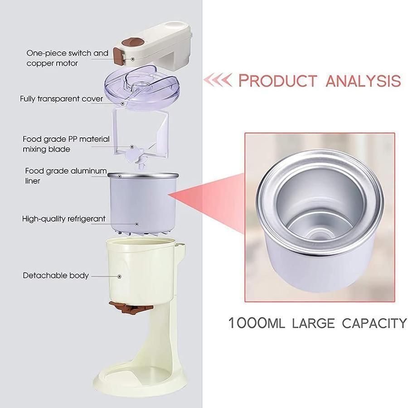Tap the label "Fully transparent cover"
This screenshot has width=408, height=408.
click(x=61, y=99)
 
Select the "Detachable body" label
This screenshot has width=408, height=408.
click(x=56, y=275)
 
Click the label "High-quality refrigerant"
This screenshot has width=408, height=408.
click(x=64, y=219)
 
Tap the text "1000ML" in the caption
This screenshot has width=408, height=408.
click(x=256, y=323)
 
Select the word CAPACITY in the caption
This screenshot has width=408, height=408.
click(x=374, y=323)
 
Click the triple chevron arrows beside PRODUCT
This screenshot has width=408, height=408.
click(x=218, y=80)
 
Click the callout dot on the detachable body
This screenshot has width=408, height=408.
click(x=119, y=277)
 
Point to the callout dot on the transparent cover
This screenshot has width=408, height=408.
click(x=122, y=103)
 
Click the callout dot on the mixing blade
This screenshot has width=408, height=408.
click(x=132, y=147)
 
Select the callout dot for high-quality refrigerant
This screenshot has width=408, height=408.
click(x=136, y=224)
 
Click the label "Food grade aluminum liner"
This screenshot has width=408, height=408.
click(x=66, y=175)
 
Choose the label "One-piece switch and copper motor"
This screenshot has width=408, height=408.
click(x=67, y=58)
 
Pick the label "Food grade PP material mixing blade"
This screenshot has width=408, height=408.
click(x=66, y=144)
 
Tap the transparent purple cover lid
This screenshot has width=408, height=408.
click(x=141, y=88)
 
